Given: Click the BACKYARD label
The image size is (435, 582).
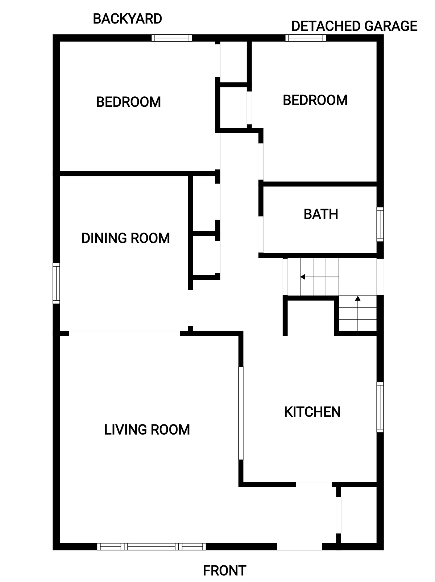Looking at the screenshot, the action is (x=127, y=19).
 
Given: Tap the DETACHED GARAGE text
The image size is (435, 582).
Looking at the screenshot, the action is (x=354, y=26).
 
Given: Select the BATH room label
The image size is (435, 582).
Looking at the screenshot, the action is (x=320, y=214).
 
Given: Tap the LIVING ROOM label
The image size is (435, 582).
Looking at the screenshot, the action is (x=147, y=430).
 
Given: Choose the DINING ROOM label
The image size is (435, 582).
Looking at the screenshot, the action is (x=125, y=238).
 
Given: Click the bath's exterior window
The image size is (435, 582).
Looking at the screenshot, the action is (x=380, y=224).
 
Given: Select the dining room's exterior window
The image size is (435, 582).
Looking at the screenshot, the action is (x=56, y=283).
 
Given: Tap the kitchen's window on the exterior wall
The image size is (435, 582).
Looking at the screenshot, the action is (x=380, y=407).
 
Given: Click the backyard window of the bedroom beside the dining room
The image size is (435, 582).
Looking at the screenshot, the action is (x=172, y=38).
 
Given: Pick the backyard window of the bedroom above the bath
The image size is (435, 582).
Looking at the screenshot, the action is (x=306, y=38).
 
